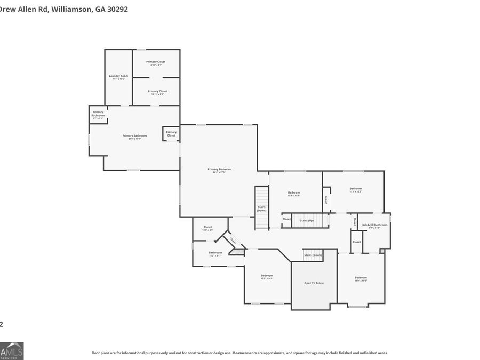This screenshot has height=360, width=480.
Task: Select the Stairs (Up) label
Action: [307, 220]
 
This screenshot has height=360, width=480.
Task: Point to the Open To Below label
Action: [314, 283]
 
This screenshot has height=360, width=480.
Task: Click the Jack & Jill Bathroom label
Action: [374, 226]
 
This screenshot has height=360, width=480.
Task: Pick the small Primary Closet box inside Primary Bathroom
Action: [171, 133]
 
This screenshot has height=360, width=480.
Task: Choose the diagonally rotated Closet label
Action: [233, 241]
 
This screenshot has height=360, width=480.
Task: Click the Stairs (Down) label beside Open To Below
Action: [313, 255]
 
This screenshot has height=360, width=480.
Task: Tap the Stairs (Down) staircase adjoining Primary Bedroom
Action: [261, 208]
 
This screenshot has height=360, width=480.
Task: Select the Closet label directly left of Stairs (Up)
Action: [286, 219]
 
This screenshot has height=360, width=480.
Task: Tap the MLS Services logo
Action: [11, 350]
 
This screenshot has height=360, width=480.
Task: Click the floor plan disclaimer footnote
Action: [239, 353]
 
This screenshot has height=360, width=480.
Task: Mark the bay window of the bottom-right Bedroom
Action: [358, 306]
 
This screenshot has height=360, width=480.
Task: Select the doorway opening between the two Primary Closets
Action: [156, 78]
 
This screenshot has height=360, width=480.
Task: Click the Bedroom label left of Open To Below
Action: [267, 276]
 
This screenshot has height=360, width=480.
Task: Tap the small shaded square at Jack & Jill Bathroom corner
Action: [382, 250]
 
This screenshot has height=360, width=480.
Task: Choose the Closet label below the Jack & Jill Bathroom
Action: [356, 242]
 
